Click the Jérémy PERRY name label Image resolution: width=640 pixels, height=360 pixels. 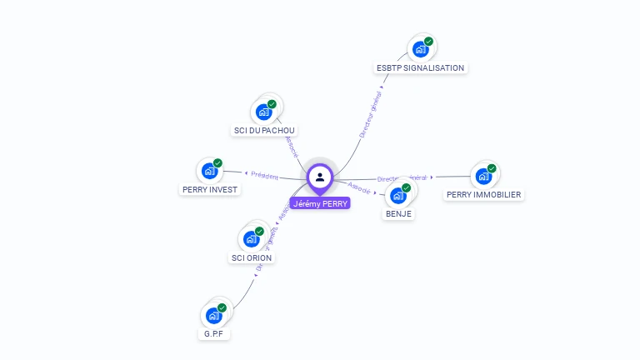[x=320, y=203]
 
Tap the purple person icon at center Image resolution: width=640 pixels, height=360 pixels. [x=320, y=177]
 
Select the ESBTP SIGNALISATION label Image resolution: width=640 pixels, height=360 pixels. [x=421, y=67]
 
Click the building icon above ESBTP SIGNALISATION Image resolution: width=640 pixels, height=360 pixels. [x=420, y=49]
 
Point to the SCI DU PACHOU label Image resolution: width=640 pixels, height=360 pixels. [x=264, y=130]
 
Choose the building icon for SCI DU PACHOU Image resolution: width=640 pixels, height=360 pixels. [x=263, y=112]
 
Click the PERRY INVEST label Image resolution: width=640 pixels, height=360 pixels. [x=209, y=189]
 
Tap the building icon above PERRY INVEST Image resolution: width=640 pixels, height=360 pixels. [x=209, y=171]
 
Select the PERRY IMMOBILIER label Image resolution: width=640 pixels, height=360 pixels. [x=483, y=194]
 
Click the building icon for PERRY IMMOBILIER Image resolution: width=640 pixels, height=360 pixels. [x=483, y=176]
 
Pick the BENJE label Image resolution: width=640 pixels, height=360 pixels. [x=398, y=213]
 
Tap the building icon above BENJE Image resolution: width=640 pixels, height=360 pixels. [x=397, y=196]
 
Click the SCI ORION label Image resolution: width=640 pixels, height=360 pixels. [x=252, y=257]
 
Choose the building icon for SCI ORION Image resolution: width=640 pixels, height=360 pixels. [x=251, y=239]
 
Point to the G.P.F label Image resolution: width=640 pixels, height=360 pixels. [x=213, y=334]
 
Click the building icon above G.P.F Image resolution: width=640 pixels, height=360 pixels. [x=213, y=316]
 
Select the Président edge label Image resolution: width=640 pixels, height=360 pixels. [x=264, y=176]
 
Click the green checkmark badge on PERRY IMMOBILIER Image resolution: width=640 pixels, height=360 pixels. [x=492, y=168]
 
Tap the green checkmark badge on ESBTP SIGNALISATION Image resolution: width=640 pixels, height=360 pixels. [x=428, y=42]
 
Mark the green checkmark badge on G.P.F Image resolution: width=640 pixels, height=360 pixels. [x=222, y=308]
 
